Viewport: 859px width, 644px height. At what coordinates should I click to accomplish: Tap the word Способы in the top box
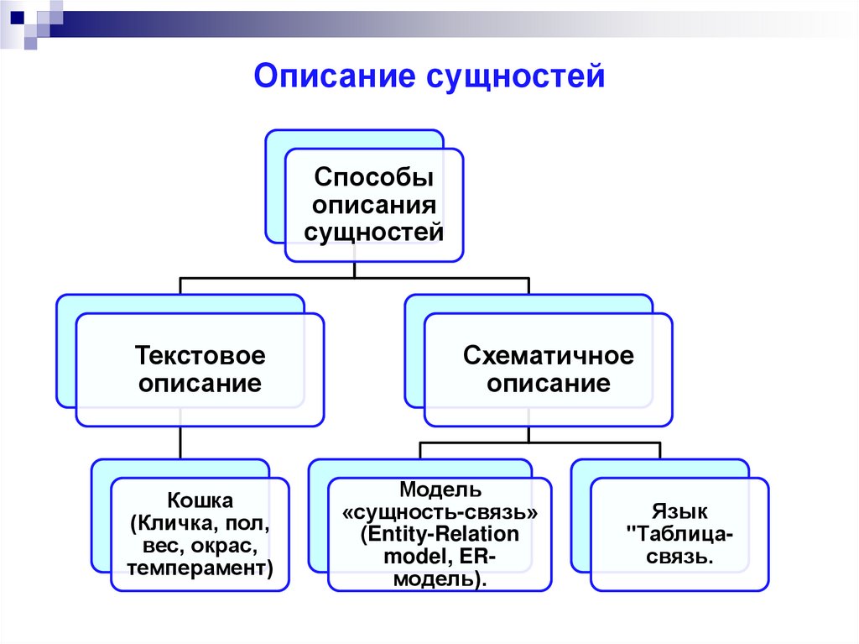click(x=373, y=178)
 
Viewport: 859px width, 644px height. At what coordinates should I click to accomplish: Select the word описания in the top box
click(x=373, y=206)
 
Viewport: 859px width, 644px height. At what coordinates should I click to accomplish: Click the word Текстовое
click(x=200, y=356)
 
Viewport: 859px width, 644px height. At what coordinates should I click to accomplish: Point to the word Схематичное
click(x=549, y=356)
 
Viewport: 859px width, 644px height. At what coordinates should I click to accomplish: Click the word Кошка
click(x=200, y=501)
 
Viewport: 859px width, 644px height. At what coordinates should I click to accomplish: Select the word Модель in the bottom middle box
click(x=440, y=490)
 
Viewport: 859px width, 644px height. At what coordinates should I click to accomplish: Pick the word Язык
click(x=679, y=510)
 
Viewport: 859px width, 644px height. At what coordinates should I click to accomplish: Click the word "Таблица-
click(x=679, y=533)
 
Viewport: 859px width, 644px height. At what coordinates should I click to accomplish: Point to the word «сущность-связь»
click(x=440, y=512)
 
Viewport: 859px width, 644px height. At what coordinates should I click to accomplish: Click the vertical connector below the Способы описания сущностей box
click(x=355, y=269)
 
